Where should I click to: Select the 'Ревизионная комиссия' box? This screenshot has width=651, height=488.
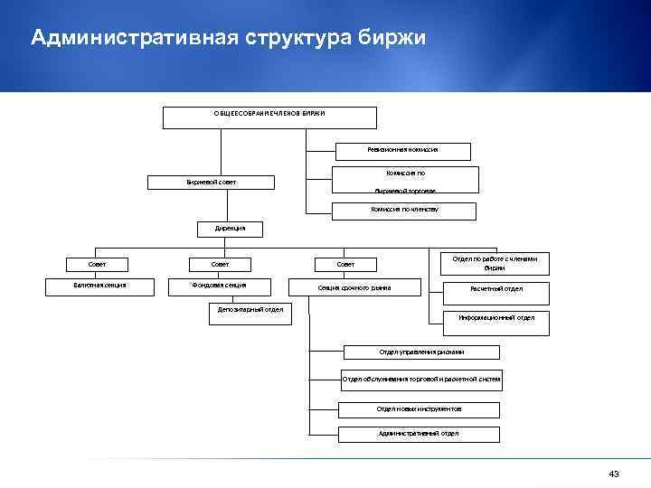(x=391, y=149)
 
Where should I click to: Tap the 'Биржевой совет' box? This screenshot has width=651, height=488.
(x=212, y=183)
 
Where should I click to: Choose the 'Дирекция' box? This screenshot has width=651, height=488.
(x=223, y=229)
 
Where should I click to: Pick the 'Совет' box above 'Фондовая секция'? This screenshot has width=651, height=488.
(x=220, y=264)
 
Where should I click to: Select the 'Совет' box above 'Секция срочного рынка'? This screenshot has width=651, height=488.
(x=345, y=264)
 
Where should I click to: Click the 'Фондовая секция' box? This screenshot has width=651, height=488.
(x=220, y=286)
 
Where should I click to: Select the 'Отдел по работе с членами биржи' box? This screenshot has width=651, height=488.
(x=495, y=263)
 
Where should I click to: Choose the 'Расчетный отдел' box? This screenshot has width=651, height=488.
(x=495, y=289)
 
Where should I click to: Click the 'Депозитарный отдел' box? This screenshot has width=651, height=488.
(x=250, y=310)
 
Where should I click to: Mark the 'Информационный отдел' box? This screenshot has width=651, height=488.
(x=495, y=318)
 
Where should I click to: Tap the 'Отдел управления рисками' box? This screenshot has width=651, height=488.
(x=409, y=351)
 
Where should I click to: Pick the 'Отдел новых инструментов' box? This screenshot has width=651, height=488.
(x=411, y=408)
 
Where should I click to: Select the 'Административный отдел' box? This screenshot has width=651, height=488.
(x=418, y=433)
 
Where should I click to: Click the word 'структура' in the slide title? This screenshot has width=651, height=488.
(x=287, y=38)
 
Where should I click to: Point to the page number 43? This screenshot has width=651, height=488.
(x=614, y=474)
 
